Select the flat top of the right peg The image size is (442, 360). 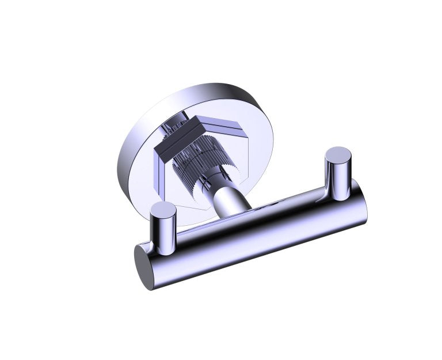pyautogui.click(x=338, y=154)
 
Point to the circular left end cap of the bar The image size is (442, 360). pyautogui.click(x=144, y=266)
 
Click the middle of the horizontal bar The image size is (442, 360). pyautogui.click(x=253, y=230)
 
